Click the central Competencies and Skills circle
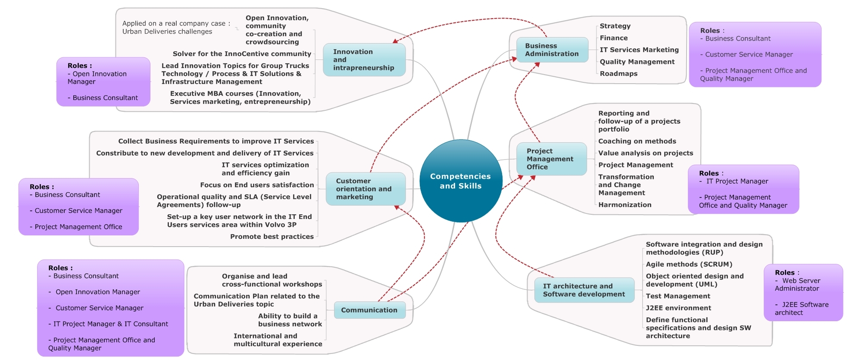point(460,181)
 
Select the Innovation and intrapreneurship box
point(364,60)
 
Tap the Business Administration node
point(552,50)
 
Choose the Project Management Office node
point(551,159)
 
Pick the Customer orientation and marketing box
point(365,189)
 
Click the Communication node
point(369,310)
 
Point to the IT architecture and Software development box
point(584,290)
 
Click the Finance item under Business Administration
point(614,38)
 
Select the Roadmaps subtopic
point(618,74)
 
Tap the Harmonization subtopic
point(625,205)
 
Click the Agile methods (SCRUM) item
point(689,264)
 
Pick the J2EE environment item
point(678,308)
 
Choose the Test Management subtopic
point(678,296)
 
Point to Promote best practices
point(272,237)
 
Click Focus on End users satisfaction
point(257,185)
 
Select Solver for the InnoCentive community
point(242,54)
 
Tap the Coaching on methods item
point(637,141)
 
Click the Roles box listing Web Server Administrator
point(803,292)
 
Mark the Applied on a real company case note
point(176,28)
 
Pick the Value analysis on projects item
point(646,153)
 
